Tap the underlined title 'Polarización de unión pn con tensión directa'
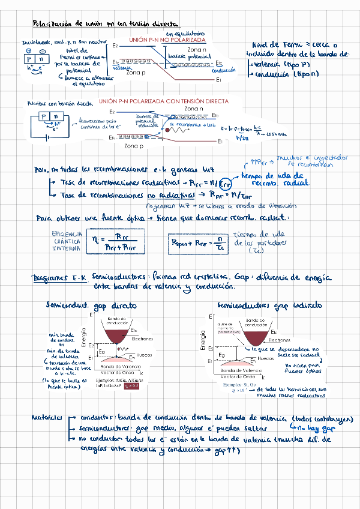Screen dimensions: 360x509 (105, 23)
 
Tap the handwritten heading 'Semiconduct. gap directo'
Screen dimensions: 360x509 (97, 306)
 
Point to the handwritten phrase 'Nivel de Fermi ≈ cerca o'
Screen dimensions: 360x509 (295, 44)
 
